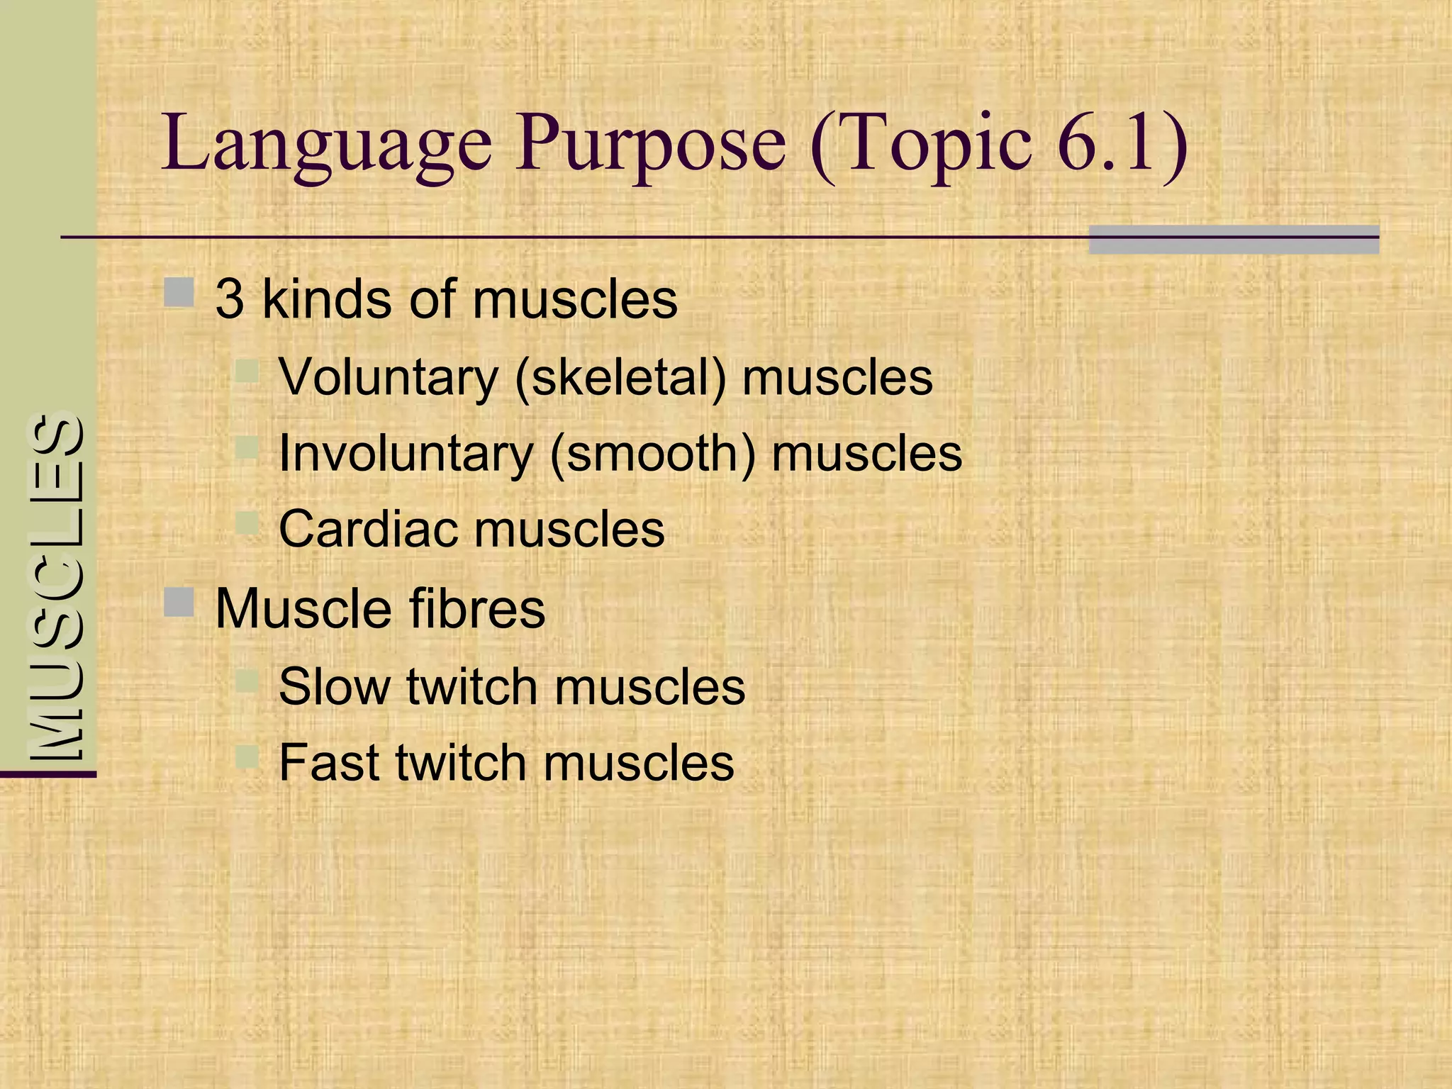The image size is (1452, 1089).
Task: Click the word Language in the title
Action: point(326,145)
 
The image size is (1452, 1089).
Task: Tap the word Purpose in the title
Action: point(650,145)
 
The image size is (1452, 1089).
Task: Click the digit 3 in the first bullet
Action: point(230,299)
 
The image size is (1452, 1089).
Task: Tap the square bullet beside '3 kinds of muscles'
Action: point(179,292)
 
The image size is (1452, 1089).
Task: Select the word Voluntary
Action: point(389,377)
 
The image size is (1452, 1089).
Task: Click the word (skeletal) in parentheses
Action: point(621,377)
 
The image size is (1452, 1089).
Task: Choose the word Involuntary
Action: point(406,454)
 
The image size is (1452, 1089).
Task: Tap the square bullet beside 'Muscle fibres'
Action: point(179,602)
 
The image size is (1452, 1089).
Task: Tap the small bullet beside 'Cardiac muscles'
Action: point(247,524)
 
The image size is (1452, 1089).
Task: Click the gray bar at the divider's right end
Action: point(1234,240)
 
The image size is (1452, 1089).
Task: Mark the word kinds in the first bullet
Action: point(327,299)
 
